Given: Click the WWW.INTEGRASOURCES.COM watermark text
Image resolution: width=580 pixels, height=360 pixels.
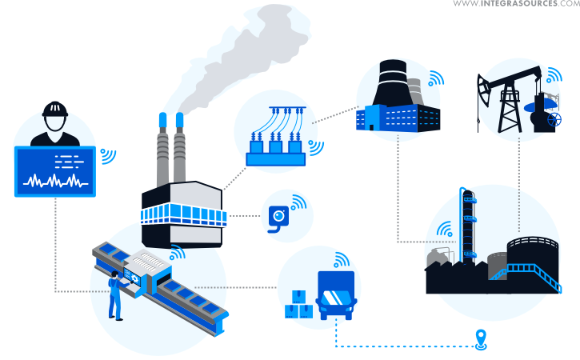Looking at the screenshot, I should click(515, 5).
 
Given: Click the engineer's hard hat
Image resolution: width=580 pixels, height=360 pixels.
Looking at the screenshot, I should click(54, 109).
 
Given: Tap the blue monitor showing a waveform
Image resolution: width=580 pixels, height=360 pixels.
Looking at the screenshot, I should click(54, 171).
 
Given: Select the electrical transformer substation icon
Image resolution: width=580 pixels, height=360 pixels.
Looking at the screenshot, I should click(276, 144).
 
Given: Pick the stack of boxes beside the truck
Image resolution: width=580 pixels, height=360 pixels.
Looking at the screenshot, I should click(298, 305).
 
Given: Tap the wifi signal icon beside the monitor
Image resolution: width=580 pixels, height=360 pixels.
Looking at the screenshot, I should click(107, 155).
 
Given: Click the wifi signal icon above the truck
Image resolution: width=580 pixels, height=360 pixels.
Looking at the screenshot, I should click(342, 260).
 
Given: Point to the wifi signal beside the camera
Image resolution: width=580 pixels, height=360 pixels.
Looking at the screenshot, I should click(298, 202).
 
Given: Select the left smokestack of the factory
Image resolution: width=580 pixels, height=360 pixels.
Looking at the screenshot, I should click(162, 152).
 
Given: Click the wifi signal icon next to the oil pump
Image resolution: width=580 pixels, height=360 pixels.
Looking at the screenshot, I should click(553, 77).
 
